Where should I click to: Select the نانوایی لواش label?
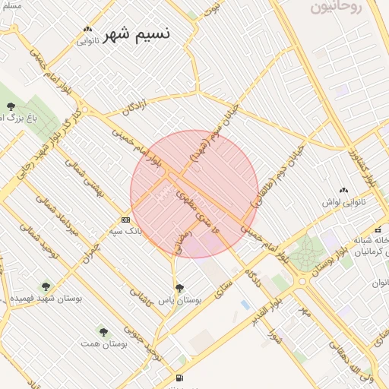[x=344, y=202]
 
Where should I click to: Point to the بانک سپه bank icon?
[x=125, y=220]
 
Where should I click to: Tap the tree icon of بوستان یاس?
[x=179, y=288]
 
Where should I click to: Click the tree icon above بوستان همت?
[x=103, y=331]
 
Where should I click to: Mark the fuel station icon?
[x=179, y=378]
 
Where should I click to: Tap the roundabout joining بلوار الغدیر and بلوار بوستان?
[x=302, y=281]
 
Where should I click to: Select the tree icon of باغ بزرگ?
[x=11, y=106]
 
